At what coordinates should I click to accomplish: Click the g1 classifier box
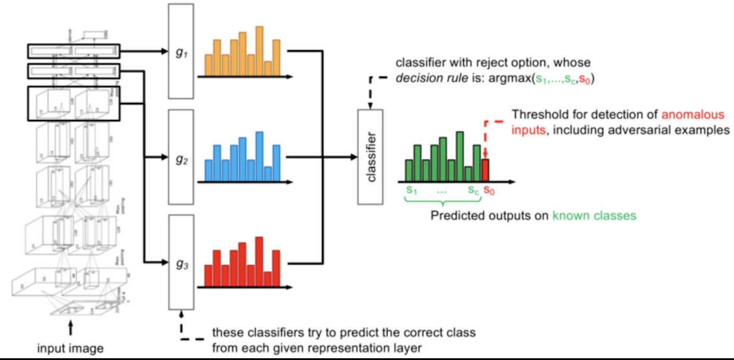click(x=182, y=52)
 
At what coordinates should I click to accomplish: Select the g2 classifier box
click(x=182, y=158)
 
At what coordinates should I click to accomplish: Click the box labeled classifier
click(x=370, y=156)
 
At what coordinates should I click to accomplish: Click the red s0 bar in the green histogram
click(x=484, y=170)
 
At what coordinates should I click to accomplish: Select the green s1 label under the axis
click(x=412, y=189)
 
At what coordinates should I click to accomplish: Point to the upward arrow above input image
click(x=71, y=328)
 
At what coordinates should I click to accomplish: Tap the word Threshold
click(x=536, y=116)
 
